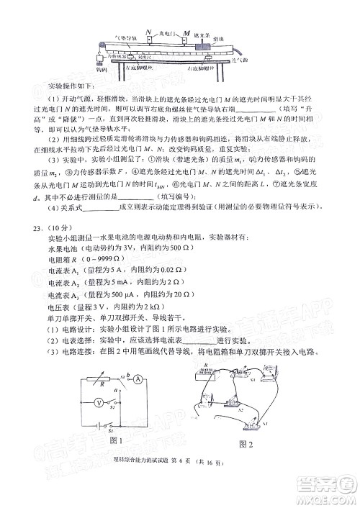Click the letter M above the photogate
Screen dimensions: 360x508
(x=186, y=33)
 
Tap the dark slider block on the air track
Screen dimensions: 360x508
(x=202, y=46)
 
